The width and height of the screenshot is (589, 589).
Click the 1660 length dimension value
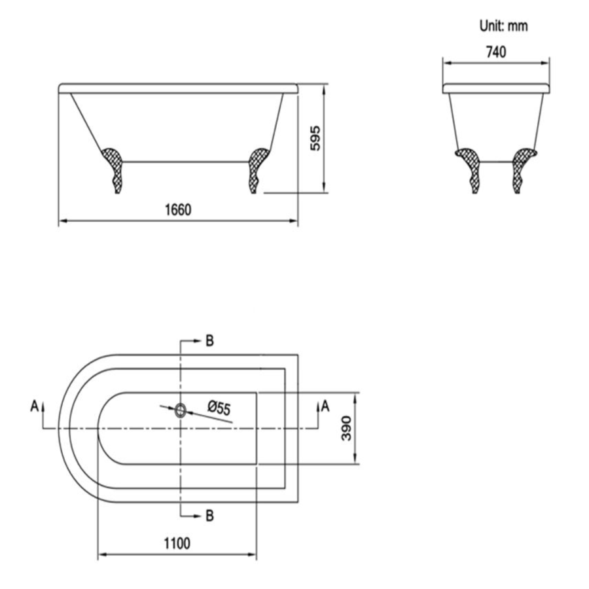[x=177, y=210]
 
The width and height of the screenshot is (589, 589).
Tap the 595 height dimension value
[x=314, y=139]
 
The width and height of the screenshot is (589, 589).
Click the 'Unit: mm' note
[x=504, y=26]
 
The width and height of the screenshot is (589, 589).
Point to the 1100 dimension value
[x=177, y=543]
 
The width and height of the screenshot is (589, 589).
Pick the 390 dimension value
[x=348, y=428]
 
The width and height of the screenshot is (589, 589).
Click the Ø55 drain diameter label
[x=219, y=408]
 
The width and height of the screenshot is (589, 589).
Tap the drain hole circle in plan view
[x=180, y=410]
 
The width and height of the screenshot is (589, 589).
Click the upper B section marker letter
[x=209, y=340]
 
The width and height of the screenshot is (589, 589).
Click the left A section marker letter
[x=34, y=407]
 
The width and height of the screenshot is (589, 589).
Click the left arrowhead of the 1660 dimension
[x=62, y=222]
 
